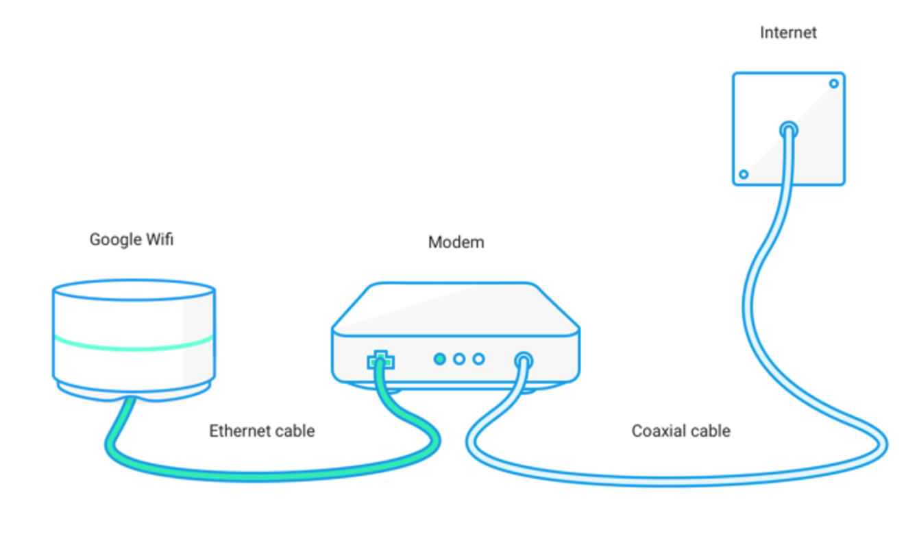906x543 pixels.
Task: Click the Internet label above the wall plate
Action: tap(788, 32)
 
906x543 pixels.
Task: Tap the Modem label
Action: tap(456, 242)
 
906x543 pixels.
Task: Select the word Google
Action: tap(116, 240)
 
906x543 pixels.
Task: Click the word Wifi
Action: tap(159, 240)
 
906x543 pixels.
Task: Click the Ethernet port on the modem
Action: tap(380, 359)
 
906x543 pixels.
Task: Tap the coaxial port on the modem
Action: tap(524, 359)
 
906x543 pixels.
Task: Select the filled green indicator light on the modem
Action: tap(440, 359)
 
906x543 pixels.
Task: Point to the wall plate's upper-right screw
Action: tap(833, 84)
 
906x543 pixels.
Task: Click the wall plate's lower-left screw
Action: tap(744, 174)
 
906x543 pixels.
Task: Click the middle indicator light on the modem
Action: tap(459, 359)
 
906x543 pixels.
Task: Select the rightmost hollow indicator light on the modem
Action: tap(478, 359)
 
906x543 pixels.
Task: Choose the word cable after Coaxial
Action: tap(711, 431)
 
